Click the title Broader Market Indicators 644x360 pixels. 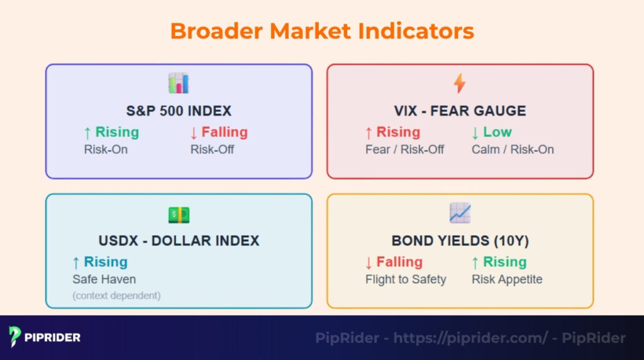pyautogui.click(x=322, y=31)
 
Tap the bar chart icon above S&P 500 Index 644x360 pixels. pyautogui.click(x=179, y=83)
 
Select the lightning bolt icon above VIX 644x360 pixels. pyautogui.click(x=460, y=83)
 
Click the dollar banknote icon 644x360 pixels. pyautogui.click(x=179, y=215)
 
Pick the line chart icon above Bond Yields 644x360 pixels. pyautogui.click(x=460, y=213)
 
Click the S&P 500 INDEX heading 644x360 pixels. pyautogui.click(x=179, y=111)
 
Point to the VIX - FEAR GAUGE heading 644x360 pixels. pyautogui.click(x=460, y=111)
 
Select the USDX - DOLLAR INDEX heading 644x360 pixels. pyautogui.click(x=179, y=241)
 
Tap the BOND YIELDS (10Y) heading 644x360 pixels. pyautogui.click(x=460, y=241)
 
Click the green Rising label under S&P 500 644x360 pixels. pyautogui.click(x=111, y=132)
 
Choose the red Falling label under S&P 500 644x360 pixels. pyautogui.click(x=219, y=132)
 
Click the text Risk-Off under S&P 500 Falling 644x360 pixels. pyautogui.click(x=212, y=150)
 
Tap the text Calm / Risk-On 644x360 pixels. pyautogui.click(x=513, y=150)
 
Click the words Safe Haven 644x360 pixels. pyautogui.click(x=104, y=279)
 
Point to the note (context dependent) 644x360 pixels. pyautogui.click(x=116, y=295)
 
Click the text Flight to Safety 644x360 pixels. pyautogui.click(x=406, y=279)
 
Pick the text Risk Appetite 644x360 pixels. pyautogui.click(x=507, y=279)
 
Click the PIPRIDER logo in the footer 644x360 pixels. pyautogui.click(x=45, y=337)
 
